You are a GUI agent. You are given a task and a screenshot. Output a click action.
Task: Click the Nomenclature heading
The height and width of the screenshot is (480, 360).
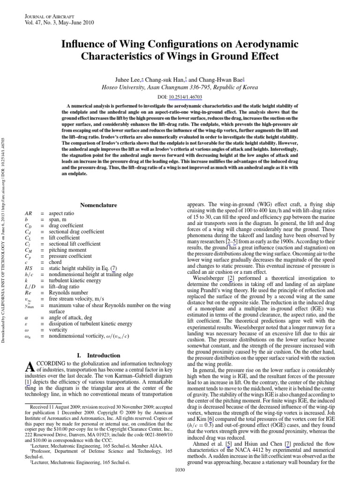click(99, 205)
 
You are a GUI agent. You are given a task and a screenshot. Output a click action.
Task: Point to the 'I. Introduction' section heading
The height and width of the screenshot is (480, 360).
click(99, 355)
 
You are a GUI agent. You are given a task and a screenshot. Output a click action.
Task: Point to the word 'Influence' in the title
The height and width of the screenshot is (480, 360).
click(82, 45)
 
